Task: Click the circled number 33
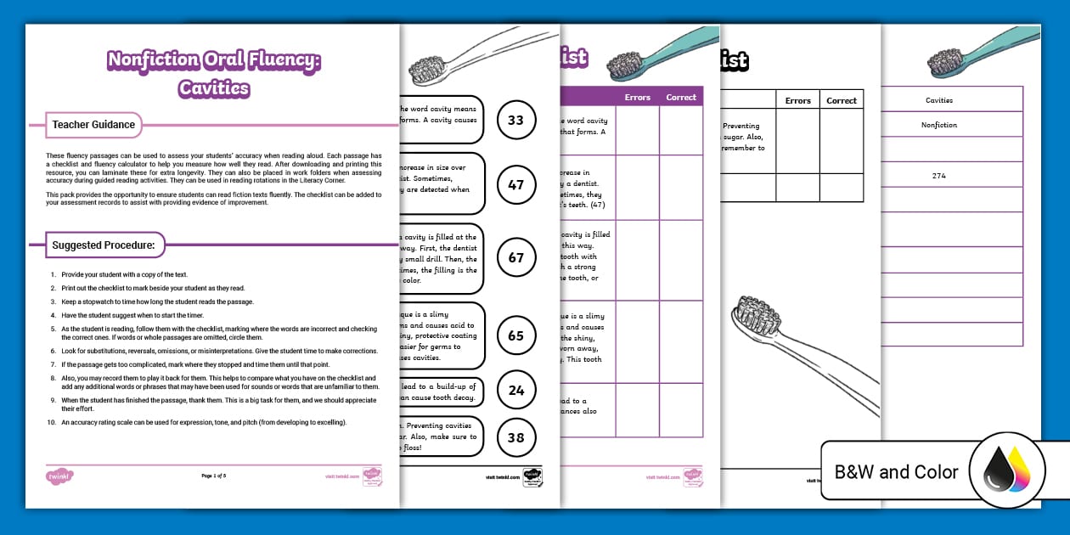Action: (515, 120)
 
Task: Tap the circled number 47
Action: (515, 184)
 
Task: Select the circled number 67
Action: (515, 257)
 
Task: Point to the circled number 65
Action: (515, 335)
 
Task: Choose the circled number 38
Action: (515, 436)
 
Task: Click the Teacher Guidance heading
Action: (93, 125)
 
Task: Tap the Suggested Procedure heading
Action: (104, 245)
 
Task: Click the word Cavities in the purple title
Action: (214, 87)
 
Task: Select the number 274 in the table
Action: (938, 176)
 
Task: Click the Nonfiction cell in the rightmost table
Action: (938, 125)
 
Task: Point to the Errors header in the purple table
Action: (638, 98)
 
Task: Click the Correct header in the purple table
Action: (681, 98)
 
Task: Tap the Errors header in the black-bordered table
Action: (797, 100)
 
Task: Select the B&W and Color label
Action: (896, 472)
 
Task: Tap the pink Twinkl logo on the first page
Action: (58, 476)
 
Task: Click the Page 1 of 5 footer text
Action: (213, 476)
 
